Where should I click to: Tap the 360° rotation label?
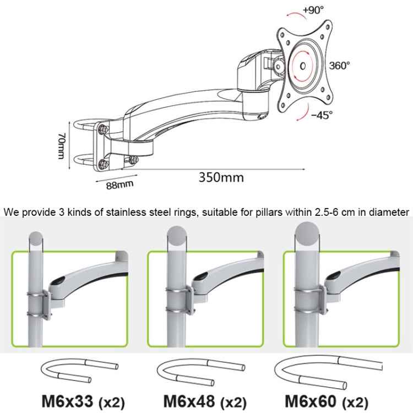click(x=340, y=65)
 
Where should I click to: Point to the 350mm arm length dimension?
click(x=221, y=177)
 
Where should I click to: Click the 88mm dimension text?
click(x=119, y=182)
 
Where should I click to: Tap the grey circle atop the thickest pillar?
click(x=307, y=231)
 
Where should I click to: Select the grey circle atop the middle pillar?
click(x=176, y=235)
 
